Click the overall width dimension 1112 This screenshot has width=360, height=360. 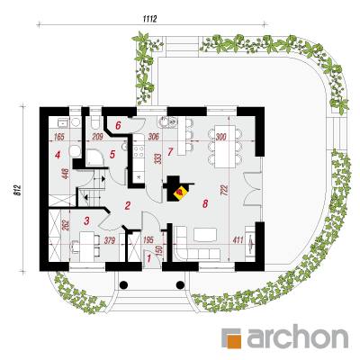[x=150, y=19]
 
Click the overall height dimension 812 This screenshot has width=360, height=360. [x=18, y=190]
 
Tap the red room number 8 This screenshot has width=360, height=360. [x=205, y=204]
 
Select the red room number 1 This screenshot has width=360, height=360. [x=150, y=257]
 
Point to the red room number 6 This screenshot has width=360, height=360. [x=118, y=125]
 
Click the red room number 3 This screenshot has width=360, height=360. [x=86, y=221]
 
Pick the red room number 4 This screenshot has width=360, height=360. [x=58, y=155]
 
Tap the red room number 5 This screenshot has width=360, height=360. [x=112, y=155]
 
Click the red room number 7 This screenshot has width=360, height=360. [x=170, y=152]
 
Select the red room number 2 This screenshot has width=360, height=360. [x=128, y=206]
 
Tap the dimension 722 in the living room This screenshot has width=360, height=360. [x=226, y=190]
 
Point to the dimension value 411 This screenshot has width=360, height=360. [x=238, y=239]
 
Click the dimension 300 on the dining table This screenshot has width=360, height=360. [x=220, y=137]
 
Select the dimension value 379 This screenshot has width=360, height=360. [x=110, y=240]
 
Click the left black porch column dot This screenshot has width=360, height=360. [x=124, y=284]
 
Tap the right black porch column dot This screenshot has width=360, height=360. [x=180, y=284]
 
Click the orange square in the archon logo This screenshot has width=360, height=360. [x=234, y=341]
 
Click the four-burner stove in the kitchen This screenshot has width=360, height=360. [x=139, y=151]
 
